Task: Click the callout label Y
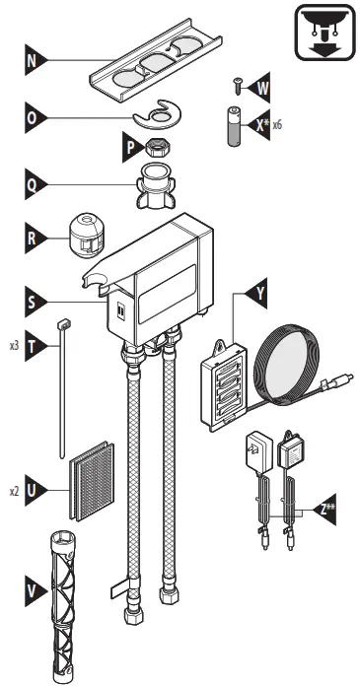point(258,294)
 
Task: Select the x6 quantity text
point(276,126)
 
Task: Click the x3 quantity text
point(13,346)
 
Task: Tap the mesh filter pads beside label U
point(91,480)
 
